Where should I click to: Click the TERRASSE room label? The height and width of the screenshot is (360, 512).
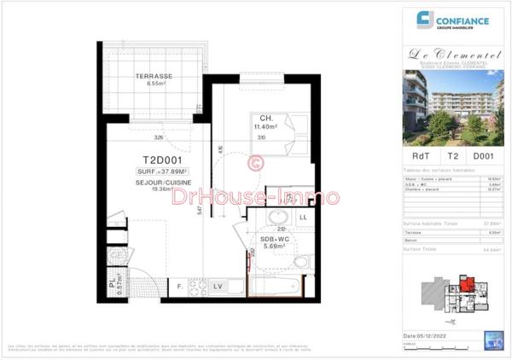click(x=154, y=77)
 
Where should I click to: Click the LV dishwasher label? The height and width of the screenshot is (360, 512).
click(x=218, y=285)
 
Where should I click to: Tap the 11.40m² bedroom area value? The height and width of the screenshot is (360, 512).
click(x=266, y=127)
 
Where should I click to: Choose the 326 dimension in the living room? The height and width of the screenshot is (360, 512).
click(x=158, y=136)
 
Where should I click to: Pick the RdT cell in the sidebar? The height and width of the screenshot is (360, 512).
click(x=421, y=156)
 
